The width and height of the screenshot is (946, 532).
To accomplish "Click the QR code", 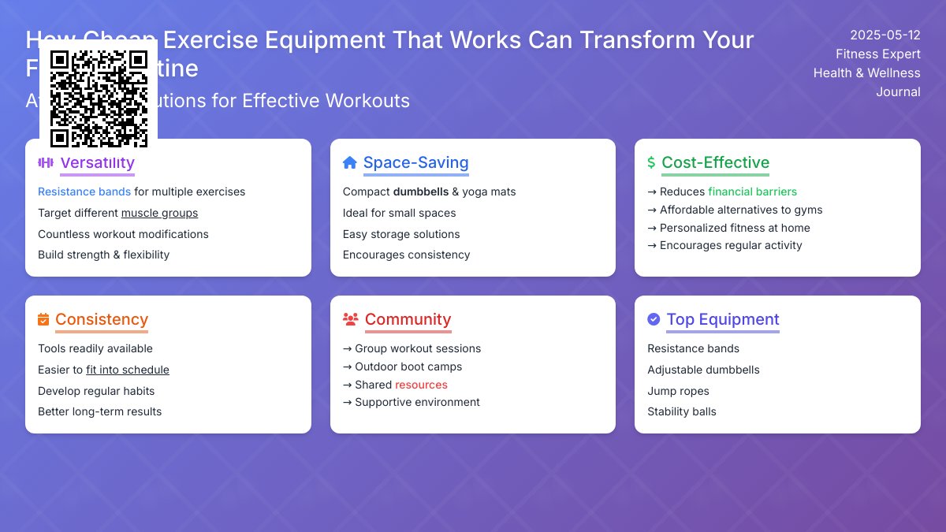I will (99, 99).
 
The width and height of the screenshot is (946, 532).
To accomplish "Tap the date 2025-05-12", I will (885, 35).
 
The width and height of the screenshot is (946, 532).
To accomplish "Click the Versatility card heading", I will (97, 163).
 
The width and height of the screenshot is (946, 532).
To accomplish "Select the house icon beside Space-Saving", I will (350, 163).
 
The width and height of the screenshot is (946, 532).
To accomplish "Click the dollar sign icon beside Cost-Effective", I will (651, 163).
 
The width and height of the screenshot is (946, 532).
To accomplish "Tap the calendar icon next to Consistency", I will (43, 319).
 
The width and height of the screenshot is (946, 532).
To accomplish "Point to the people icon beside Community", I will (351, 319).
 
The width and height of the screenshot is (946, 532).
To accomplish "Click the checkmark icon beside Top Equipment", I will (654, 319).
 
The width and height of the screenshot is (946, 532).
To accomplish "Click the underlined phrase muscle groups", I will (159, 213).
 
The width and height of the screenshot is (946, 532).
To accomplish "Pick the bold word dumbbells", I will (420, 192).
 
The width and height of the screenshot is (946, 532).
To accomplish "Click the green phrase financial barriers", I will (752, 192).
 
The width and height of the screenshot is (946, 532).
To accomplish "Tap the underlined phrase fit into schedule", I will (128, 370).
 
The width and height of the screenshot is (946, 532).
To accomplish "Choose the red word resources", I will (421, 385).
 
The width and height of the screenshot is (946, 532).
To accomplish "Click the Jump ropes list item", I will (678, 391).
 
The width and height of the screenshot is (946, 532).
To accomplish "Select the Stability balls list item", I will (682, 411).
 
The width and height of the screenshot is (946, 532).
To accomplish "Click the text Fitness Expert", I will (877, 54).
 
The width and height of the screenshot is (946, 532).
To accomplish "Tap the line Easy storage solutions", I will (401, 234).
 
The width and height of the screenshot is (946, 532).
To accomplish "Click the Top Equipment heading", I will (722, 319).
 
